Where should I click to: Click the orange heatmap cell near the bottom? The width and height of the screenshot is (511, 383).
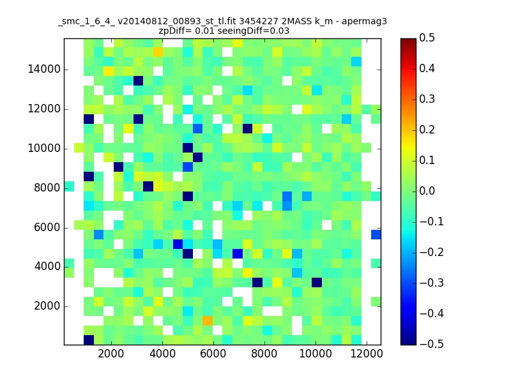(x=207, y=320)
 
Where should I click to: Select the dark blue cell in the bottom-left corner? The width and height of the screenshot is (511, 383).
(x=89, y=340)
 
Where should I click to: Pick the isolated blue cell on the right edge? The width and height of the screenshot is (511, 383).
(x=376, y=234)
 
